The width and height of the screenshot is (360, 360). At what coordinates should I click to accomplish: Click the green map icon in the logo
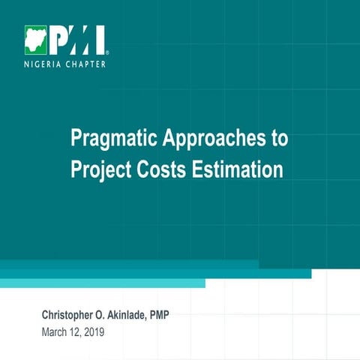click(x=35, y=40)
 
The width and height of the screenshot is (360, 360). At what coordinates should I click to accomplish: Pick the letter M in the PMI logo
click(x=77, y=40)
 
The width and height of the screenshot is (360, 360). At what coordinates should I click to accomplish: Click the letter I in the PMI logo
click(x=100, y=40)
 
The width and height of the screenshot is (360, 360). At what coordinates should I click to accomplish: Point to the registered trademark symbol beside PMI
click(x=108, y=53)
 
